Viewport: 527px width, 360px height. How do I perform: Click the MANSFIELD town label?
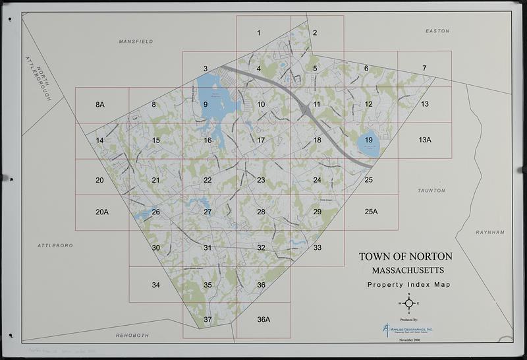pos(136,42)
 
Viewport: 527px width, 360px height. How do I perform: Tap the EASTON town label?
pos(437,31)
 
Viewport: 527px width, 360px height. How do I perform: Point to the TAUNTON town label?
pos(431,191)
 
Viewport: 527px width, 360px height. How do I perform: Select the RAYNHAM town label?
pos(489,232)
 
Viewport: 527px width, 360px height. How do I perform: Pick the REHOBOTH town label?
pos(134,335)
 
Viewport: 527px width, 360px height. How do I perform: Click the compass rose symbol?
pos(408,303)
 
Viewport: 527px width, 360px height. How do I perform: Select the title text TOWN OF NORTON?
pos(405,256)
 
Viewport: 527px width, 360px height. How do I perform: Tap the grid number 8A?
pos(100,105)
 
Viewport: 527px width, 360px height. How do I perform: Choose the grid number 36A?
pos(263,320)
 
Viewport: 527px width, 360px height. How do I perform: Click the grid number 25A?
pos(372,212)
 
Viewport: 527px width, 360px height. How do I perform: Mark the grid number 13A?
pos(425,140)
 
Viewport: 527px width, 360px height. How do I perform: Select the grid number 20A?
pos(101,212)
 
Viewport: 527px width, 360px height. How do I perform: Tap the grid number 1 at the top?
pos(259,32)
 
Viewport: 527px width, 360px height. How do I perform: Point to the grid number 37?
pos(208,320)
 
